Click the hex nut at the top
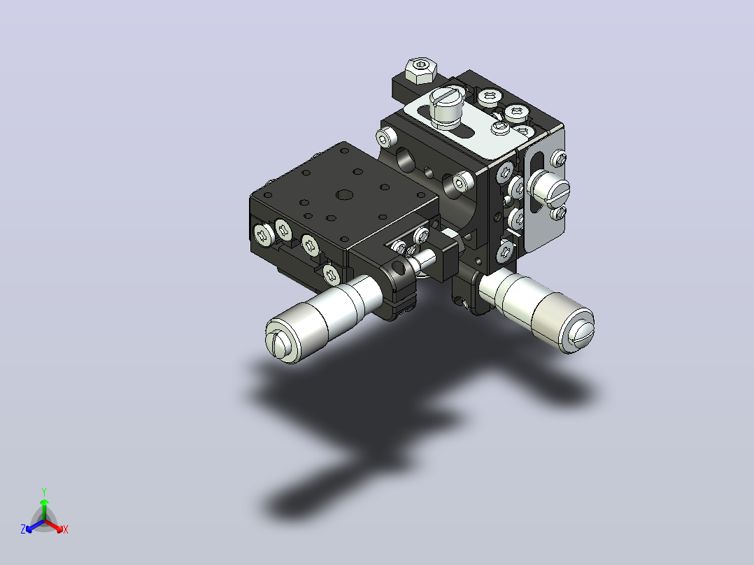[421, 70]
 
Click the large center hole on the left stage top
[344, 195]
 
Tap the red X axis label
[66, 529]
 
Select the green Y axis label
[44, 492]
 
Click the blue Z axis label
[23, 529]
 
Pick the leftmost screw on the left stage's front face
[263, 235]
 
